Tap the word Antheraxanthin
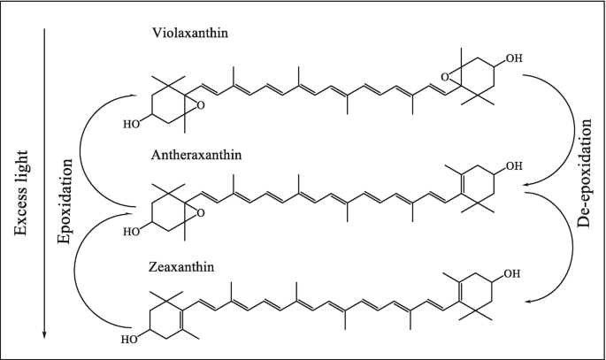(x=196, y=155)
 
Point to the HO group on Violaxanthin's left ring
(x=130, y=124)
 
